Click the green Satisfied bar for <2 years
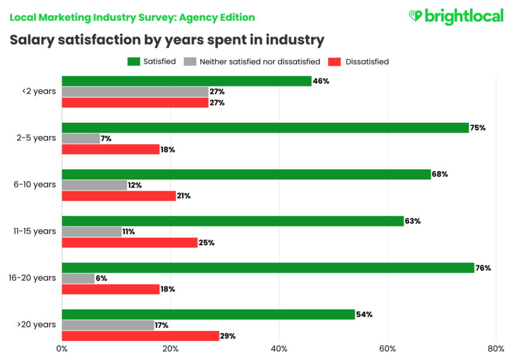pyautogui.click(x=186, y=81)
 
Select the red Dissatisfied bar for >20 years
pyautogui.click(x=140, y=336)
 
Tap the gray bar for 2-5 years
pyautogui.click(x=81, y=138)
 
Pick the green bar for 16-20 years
pyautogui.click(x=268, y=268)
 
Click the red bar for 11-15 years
pyautogui.click(x=129, y=243)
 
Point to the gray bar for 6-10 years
pyautogui.click(x=94, y=185)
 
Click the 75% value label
pyautogui.click(x=478, y=128)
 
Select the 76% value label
pyautogui.click(x=483, y=268)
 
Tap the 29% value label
pyautogui.click(x=228, y=336)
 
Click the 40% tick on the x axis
pyautogui.click(x=279, y=349)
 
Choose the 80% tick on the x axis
pyautogui.click(x=496, y=349)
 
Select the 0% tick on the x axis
pyautogui.click(x=62, y=349)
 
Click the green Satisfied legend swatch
pyautogui.click(x=133, y=61)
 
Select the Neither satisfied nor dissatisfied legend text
pyautogui.click(x=260, y=61)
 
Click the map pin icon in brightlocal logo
pyautogui.click(x=415, y=16)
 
